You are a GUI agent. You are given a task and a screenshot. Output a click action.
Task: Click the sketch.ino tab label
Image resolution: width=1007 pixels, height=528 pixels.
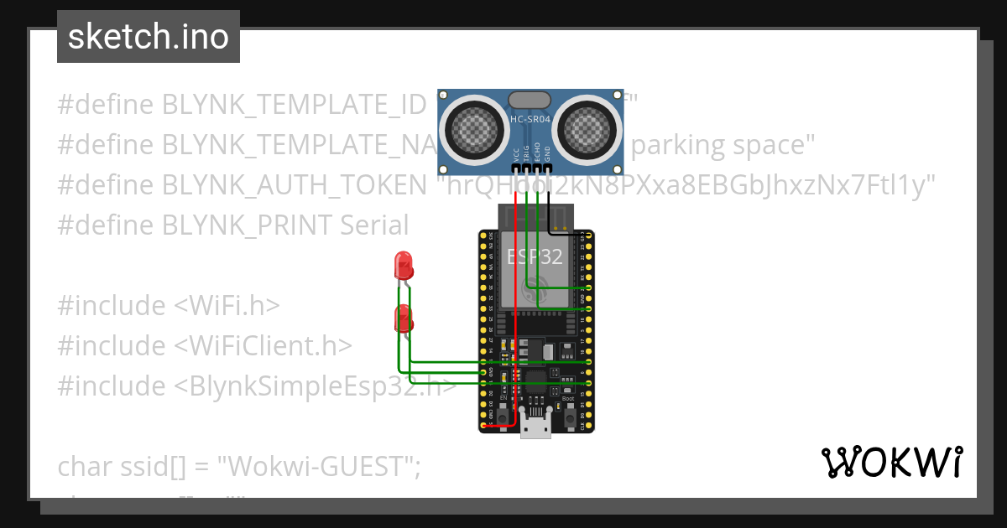(148, 37)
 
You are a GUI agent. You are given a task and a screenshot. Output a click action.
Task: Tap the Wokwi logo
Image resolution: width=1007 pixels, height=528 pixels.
(891, 463)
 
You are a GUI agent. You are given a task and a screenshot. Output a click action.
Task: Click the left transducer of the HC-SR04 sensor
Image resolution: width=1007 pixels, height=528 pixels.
(476, 127)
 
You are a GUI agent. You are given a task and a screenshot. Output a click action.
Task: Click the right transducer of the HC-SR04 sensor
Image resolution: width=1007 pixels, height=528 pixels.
(588, 127)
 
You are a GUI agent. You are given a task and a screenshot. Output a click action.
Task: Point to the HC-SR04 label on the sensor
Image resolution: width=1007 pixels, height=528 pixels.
(531, 120)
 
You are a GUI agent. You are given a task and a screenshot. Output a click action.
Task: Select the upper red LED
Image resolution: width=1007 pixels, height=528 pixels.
(404, 267)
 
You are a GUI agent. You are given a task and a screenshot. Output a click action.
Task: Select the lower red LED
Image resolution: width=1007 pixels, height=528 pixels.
(404, 319)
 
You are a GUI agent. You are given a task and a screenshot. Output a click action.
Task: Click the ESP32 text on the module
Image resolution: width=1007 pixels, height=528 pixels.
(535, 256)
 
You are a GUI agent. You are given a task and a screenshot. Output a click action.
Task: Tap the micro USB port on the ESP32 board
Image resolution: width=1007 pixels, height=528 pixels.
(535, 428)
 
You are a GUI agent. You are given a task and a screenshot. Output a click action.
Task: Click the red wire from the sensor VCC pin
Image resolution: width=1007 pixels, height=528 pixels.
(516, 318)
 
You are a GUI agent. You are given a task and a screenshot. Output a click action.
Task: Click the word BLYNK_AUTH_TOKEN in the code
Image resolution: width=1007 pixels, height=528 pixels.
(295, 185)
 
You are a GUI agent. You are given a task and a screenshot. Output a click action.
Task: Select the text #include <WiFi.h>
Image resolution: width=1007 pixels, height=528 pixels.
(168, 306)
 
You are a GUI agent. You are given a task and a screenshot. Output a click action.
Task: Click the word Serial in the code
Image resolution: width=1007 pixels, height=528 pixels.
(374, 225)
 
